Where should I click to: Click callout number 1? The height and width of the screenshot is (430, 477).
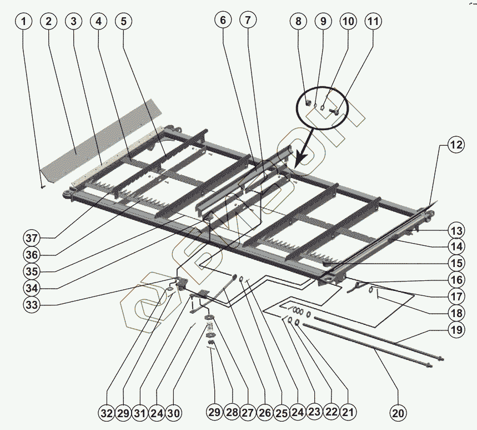(24, 22)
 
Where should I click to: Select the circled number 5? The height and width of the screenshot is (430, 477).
(123, 22)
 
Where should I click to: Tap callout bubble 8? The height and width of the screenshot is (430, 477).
(298, 22)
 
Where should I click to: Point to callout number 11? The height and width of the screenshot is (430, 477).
(373, 22)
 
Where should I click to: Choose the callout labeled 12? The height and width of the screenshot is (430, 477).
(456, 146)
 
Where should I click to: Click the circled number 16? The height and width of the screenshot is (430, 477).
(456, 280)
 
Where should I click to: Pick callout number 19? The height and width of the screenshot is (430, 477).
(456, 330)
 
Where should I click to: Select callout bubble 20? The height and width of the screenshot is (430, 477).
(398, 413)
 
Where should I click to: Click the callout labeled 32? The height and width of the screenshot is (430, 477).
(107, 413)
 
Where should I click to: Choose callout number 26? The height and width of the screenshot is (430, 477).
(264, 413)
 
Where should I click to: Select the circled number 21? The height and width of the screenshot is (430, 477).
(348, 413)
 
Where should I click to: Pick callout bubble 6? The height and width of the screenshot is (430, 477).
(223, 21)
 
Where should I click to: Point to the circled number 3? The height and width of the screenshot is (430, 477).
(73, 22)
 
